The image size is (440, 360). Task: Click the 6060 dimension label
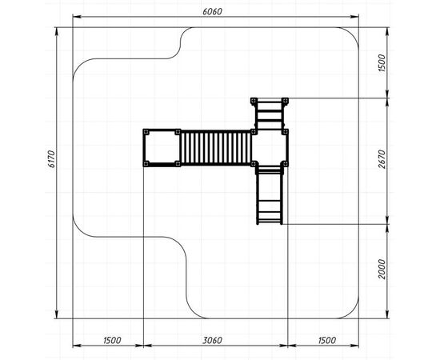(212, 11)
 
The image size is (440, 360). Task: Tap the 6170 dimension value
(52, 159)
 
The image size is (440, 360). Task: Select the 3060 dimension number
(213, 340)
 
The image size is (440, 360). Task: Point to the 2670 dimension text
(382, 159)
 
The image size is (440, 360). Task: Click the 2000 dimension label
(382, 269)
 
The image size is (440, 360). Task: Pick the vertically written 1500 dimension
(382, 63)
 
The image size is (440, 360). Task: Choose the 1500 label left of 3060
(112, 340)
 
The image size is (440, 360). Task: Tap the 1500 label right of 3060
(327, 340)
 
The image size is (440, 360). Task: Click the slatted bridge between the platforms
(216, 147)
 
